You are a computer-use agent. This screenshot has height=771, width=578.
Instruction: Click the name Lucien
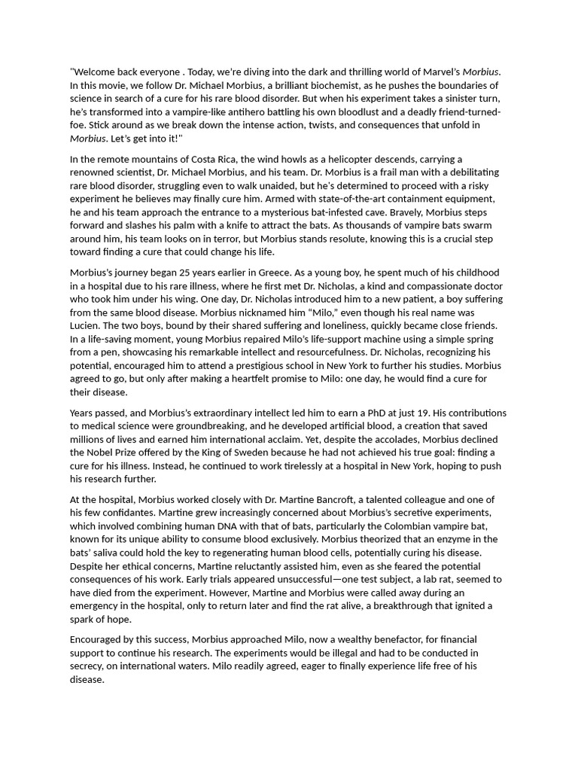(88, 326)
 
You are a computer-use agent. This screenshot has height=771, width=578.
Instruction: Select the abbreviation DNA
(218, 526)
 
